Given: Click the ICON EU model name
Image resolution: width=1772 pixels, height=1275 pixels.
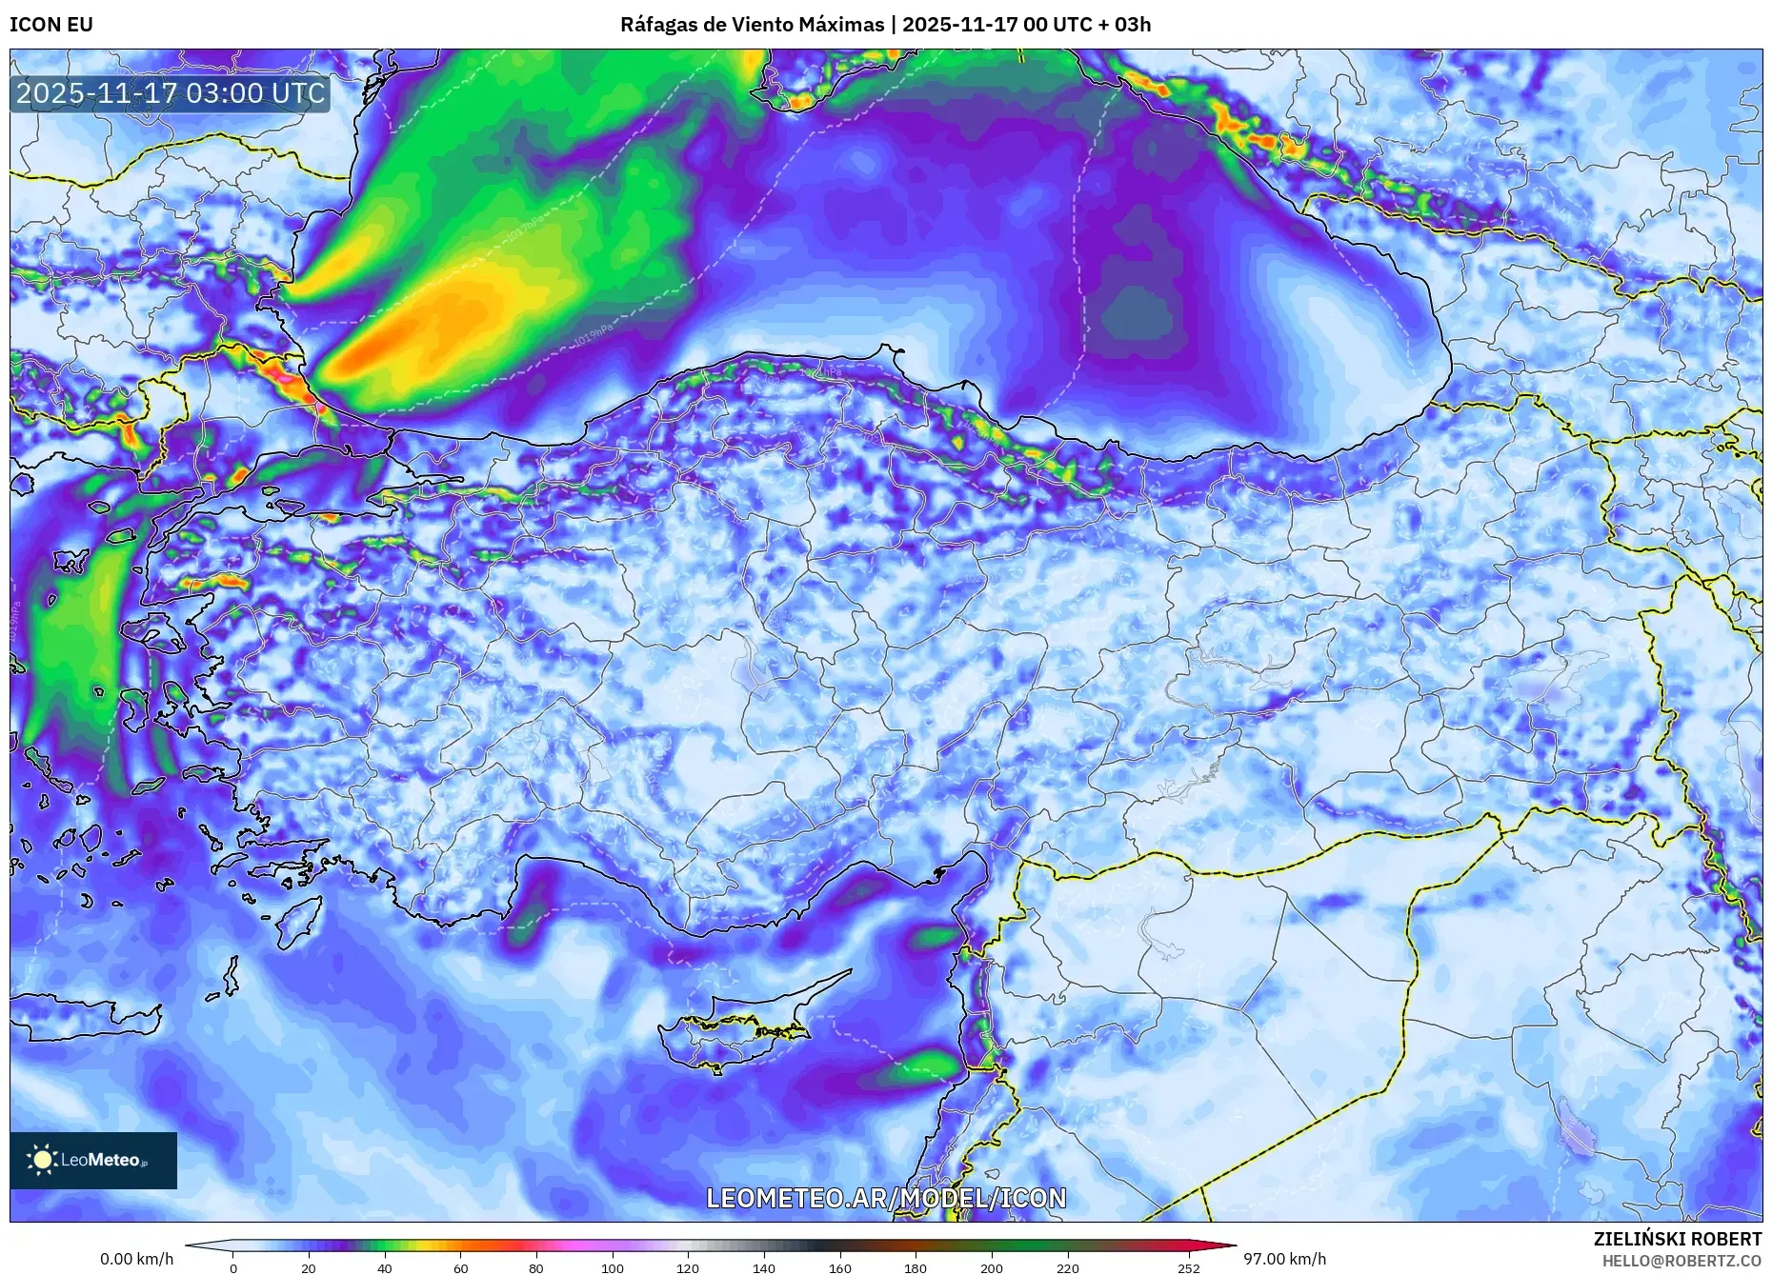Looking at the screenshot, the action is [x=51, y=25].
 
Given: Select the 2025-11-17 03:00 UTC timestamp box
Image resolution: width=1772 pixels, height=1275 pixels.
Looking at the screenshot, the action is [x=171, y=94].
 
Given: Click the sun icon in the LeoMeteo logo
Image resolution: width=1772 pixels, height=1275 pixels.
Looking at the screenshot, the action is [x=42, y=1159].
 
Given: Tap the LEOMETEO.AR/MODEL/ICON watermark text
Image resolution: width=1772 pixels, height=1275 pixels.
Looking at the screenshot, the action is [x=886, y=1198].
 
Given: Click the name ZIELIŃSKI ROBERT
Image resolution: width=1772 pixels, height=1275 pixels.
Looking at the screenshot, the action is [x=1677, y=1239].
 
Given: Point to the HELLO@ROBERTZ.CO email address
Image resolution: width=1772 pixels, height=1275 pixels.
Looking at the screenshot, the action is [x=1681, y=1261].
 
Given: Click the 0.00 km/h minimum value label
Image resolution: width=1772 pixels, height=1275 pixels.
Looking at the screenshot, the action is [x=137, y=1259].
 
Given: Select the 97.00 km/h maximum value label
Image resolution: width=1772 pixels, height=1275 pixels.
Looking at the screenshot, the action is [x=1284, y=1259].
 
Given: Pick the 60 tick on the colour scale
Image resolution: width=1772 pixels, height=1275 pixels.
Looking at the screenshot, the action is [x=461, y=1267].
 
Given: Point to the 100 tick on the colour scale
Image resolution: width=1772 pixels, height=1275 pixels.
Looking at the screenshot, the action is [x=613, y=1267].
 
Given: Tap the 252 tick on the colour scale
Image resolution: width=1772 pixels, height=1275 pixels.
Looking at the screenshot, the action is [x=1188, y=1267].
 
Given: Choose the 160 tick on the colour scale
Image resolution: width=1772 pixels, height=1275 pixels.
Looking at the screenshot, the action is [x=840, y=1267].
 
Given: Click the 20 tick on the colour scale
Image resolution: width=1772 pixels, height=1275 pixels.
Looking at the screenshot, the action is [x=309, y=1267].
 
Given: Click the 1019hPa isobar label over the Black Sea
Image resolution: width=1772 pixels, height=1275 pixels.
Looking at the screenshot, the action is [x=593, y=333].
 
